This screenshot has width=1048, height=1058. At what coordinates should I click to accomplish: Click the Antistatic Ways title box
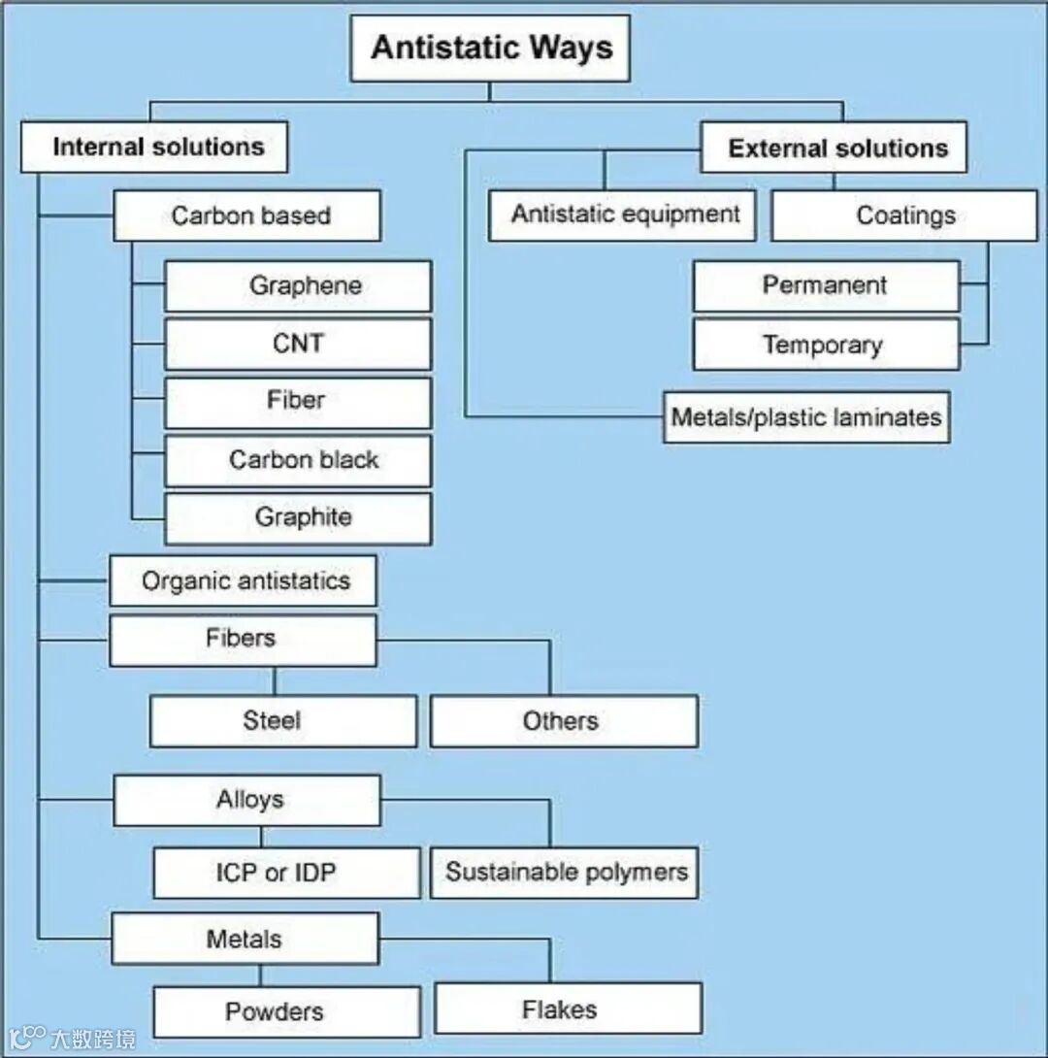490,48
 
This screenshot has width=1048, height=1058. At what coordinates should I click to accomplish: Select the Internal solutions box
155,148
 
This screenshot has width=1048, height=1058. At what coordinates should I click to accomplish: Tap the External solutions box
835,148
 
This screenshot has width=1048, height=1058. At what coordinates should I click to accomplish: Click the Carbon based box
247,215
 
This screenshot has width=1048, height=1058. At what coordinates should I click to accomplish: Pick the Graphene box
298,286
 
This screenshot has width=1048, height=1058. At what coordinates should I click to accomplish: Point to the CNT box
298,344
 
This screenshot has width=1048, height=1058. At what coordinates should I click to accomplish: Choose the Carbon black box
298,460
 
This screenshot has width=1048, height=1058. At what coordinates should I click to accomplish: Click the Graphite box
298,517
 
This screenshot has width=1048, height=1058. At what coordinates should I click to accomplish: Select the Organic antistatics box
244,581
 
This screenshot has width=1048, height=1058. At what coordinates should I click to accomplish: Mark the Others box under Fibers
564,721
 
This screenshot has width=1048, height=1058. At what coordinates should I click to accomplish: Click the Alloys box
247,800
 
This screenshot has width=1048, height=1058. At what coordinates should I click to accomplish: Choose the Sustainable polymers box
564,872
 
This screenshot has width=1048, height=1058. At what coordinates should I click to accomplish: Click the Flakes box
568,1009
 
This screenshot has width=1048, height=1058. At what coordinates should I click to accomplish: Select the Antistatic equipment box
623,215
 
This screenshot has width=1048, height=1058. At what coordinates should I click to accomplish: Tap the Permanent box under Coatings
826,286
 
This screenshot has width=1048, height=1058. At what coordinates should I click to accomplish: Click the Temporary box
826,345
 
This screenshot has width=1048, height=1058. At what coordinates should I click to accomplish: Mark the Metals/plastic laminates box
806,417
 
